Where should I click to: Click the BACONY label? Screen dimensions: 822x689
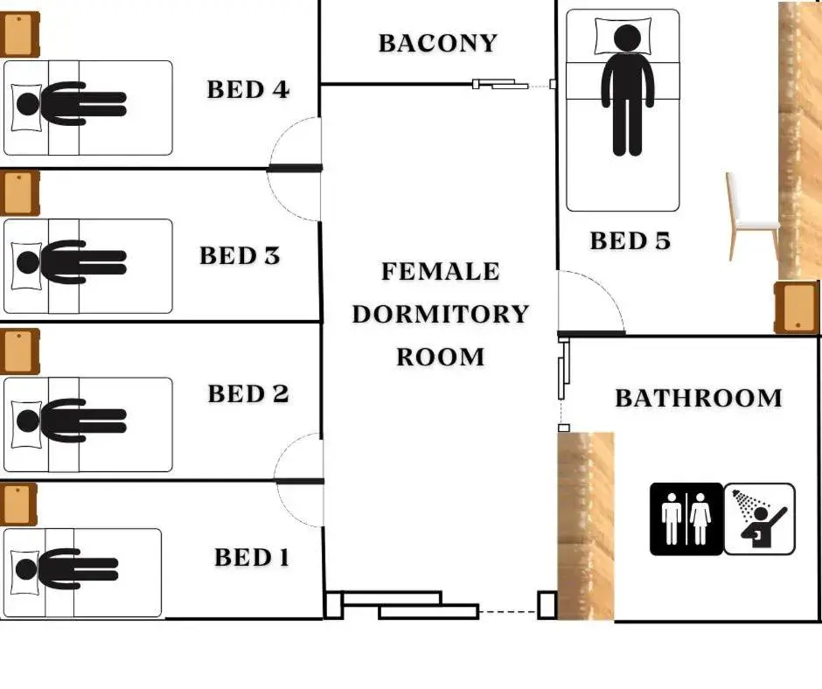coord(438,44)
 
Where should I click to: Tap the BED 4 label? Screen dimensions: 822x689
coord(248,90)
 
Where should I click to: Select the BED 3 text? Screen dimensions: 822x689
coord(240,256)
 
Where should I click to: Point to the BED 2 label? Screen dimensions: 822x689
coord(248,393)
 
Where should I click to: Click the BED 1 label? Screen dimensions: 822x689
coord(252,557)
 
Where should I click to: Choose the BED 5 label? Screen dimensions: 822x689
coord(630,241)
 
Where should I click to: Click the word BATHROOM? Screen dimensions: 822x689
coord(699,398)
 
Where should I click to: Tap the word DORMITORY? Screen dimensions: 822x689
coord(441,314)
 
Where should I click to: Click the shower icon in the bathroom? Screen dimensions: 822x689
coord(760,519)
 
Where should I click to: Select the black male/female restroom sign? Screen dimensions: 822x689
coord(686,519)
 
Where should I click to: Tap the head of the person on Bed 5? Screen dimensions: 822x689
coord(627,38)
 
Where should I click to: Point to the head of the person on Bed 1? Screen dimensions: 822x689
coord(27,569)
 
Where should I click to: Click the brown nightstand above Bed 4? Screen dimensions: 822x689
coord(19,35)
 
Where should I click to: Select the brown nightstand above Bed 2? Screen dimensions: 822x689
coord(19,351)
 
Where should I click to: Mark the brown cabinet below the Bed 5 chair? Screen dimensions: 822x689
coord(797,308)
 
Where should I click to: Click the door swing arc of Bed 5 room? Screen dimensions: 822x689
coord(591,302)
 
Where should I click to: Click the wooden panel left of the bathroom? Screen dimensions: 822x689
coord(586,525)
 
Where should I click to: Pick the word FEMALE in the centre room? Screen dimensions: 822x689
coord(441,272)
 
